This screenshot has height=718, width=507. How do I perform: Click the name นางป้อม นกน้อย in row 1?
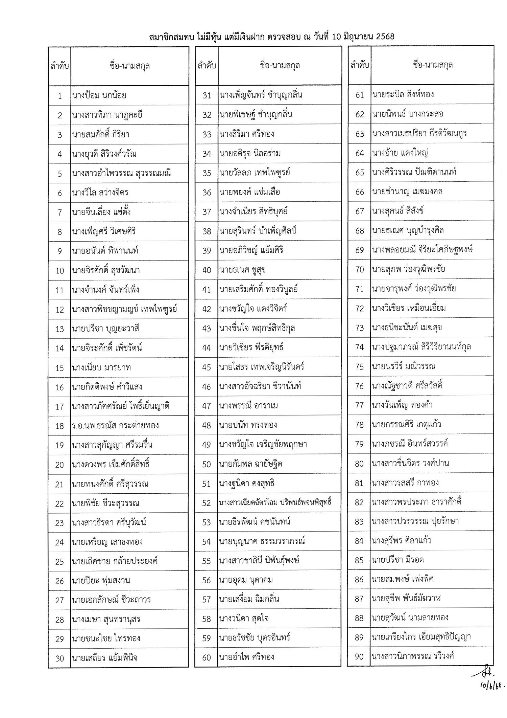(x=99, y=96)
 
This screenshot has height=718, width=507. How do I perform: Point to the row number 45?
(x=207, y=367)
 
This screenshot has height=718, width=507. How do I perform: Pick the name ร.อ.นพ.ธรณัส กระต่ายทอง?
(x=115, y=425)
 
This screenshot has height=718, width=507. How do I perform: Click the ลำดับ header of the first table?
(x=59, y=66)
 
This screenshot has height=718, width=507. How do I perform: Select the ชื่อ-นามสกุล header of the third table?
(x=432, y=65)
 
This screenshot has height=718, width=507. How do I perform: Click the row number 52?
(x=207, y=503)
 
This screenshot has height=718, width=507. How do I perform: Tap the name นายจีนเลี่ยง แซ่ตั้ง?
(x=101, y=212)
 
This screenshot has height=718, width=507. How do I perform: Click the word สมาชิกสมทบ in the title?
(x=171, y=37)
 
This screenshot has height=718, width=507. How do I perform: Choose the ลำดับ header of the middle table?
(x=207, y=65)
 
